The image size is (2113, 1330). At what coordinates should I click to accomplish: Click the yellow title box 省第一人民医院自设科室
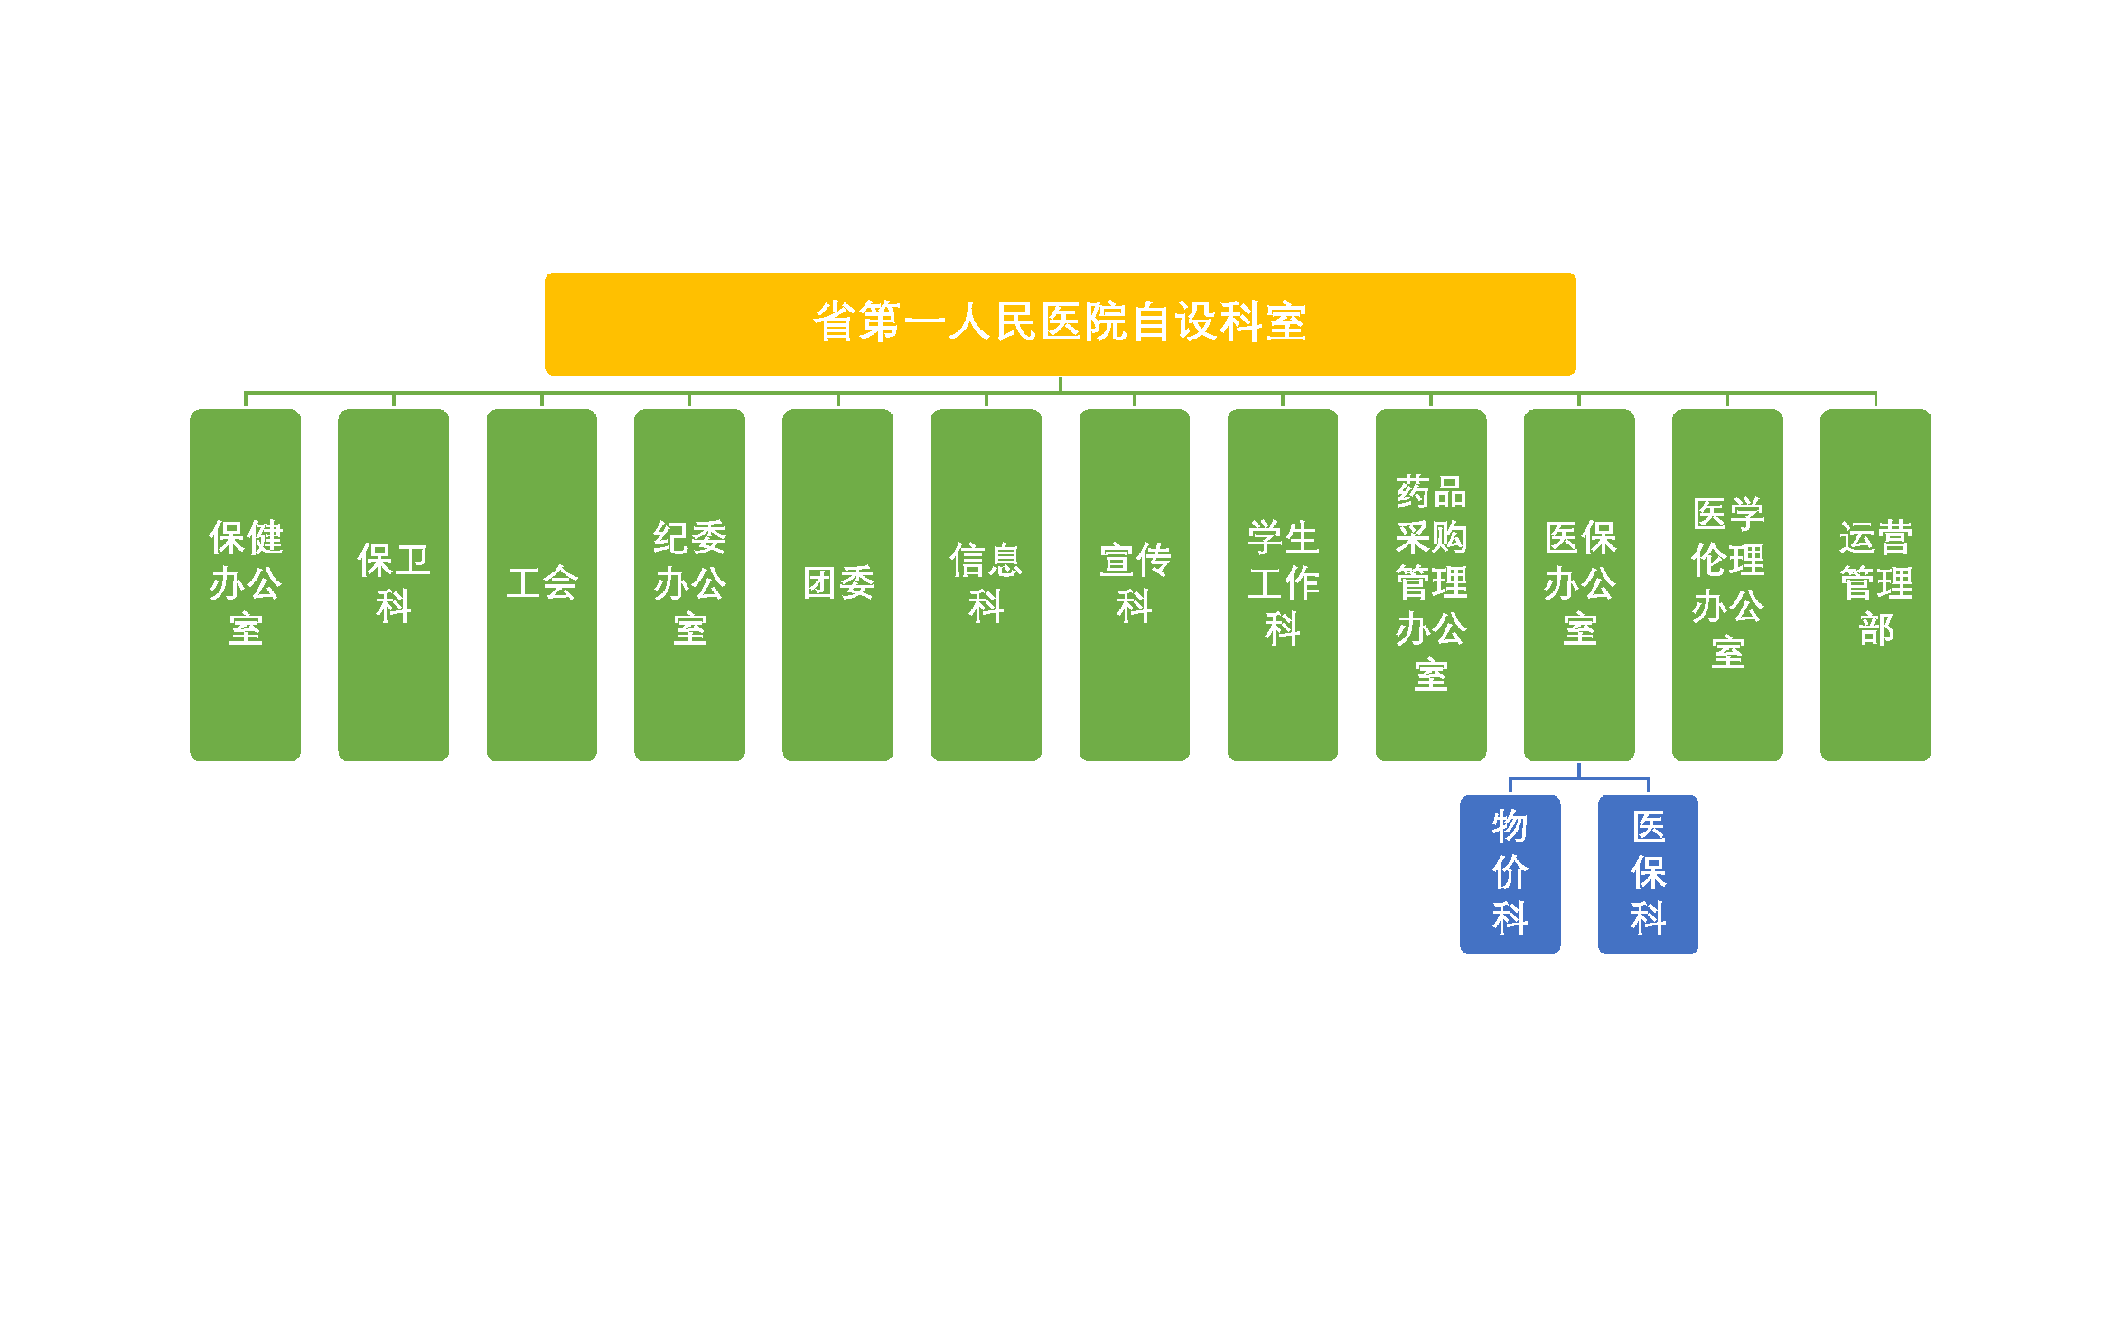(1060, 323)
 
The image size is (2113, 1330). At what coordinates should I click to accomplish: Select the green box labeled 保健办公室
(245, 584)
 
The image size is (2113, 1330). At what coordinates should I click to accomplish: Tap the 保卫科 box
(393, 584)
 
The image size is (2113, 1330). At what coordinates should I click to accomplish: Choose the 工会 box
(542, 584)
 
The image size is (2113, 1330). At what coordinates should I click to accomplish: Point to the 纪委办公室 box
(689, 584)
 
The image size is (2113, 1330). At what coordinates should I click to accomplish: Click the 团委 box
(837, 584)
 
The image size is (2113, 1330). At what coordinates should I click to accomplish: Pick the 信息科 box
(986, 584)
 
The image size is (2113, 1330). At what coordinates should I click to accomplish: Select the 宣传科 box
(1135, 584)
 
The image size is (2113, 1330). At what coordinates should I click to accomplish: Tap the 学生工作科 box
(1283, 584)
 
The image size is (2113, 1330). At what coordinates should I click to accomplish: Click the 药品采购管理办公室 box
(1431, 584)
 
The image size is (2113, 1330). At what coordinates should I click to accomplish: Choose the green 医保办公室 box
(1579, 584)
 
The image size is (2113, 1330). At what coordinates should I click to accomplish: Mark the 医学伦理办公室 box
(1727, 584)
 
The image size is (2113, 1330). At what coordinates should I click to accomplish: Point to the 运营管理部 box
(1875, 584)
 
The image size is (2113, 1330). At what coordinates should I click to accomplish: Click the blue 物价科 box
(1510, 874)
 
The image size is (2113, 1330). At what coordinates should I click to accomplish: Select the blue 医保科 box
(1648, 874)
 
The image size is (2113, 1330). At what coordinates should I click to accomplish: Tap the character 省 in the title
(835, 322)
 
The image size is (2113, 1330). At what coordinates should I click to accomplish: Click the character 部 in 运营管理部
(1876, 629)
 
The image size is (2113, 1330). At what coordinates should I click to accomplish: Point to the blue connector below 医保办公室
(1579, 777)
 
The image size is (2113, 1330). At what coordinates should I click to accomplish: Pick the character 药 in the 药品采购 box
(1413, 492)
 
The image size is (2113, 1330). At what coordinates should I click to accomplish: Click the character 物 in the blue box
(1510, 826)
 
